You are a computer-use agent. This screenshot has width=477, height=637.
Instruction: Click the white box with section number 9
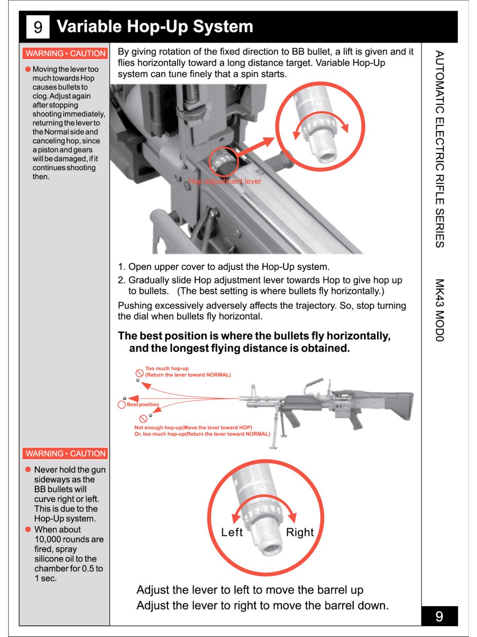pos(38,27)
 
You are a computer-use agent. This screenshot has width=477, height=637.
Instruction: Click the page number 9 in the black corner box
pos(439,616)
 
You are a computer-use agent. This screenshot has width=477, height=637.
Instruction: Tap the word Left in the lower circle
pos(232,532)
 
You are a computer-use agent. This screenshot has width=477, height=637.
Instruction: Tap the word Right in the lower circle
pos(300,532)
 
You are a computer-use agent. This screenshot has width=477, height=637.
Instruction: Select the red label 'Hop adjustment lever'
pos(225,182)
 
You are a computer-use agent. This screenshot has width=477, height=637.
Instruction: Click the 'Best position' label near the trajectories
pos(143,404)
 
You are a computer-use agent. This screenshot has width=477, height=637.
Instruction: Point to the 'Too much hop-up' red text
pos(167,368)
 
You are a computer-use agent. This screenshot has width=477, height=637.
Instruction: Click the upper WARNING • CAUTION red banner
pos(66,53)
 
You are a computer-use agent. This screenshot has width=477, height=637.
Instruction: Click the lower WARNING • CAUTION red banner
pos(66,453)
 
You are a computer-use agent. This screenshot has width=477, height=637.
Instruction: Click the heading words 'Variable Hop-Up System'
pos(155,27)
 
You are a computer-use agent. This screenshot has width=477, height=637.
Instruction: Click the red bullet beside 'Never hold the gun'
pos(28,470)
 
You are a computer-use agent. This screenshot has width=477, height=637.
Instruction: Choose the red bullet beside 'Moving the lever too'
pos(28,69)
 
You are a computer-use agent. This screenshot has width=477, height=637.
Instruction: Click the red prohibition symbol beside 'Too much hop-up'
pos(140,373)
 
